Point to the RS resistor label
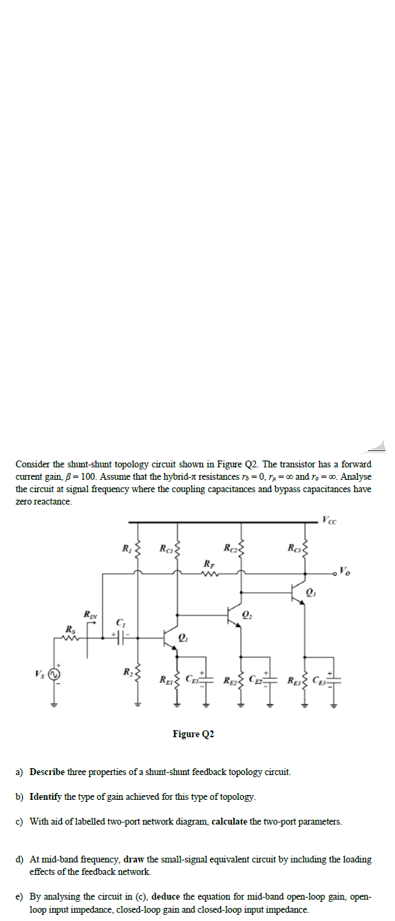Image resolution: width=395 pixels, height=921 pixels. click(x=70, y=629)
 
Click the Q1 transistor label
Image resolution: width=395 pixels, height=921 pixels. click(x=183, y=636)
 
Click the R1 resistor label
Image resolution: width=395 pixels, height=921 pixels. click(x=125, y=549)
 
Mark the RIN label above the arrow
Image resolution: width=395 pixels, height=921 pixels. click(x=89, y=613)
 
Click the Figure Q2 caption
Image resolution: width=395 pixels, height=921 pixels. click(x=193, y=734)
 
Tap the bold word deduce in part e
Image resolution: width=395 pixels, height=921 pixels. click(x=166, y=897)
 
